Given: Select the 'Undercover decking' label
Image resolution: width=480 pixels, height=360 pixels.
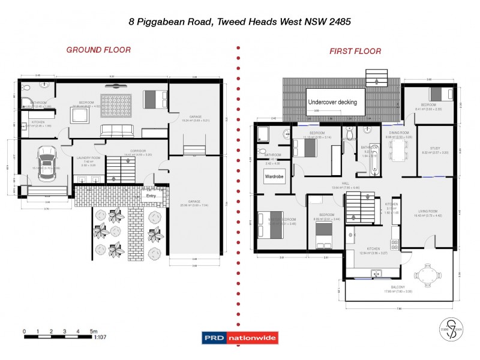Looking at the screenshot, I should [332, 102].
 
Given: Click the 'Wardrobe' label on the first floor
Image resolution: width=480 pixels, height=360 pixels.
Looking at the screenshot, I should [274, 177].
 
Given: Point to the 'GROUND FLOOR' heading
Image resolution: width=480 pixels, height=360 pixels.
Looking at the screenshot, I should [98, 50].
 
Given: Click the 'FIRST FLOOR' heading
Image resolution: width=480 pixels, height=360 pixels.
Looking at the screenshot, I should [355, 51].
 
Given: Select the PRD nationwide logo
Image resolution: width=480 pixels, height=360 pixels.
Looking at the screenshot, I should [240, 338].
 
